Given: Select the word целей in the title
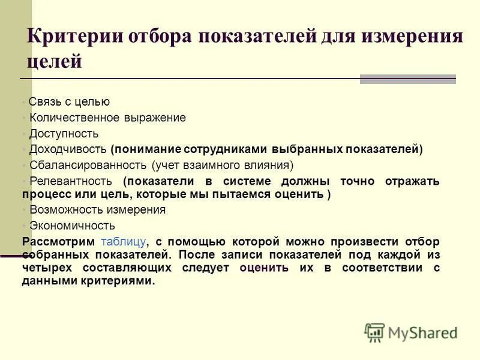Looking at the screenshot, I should click(x=54, y=62).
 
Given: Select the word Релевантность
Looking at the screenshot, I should click(x=71, y=181).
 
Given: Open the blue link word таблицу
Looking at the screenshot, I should click(x=124, y=242).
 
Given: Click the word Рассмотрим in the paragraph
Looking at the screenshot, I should click(x=58, y=242).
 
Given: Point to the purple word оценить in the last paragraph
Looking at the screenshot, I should click(x=264, y=268).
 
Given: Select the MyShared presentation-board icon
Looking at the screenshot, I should click(x=374, y=332).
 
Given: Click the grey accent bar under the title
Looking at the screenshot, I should click(x=407, y=79).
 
